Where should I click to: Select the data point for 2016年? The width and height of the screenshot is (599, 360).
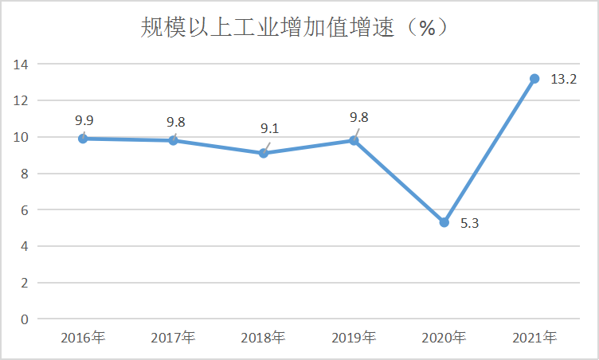(x=83, y=139)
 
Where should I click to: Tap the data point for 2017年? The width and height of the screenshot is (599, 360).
(x=173, y=140)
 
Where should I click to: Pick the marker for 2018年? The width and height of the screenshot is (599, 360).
(x=264, y=153)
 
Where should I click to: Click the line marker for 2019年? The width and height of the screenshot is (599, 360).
(x=354, y=140)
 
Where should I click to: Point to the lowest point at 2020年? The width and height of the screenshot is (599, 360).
(x=444, y=222)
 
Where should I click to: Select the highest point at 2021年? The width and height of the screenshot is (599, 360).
(x=534, y=79)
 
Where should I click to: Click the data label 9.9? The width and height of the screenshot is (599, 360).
(x=84, y=121)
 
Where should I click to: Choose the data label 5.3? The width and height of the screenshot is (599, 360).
(x=470, y=224)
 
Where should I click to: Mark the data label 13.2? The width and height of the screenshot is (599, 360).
(x=564, y=79)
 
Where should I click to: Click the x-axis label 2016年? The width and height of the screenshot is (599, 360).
(x=83, y=338)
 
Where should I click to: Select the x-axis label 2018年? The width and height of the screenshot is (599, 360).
(x=264, y=338)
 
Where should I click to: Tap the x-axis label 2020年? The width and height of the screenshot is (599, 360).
(x=444, y=338)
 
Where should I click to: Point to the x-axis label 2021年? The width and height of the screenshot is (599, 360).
(x=534, y=338)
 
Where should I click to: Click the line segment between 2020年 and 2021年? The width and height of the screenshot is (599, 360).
(x=489, y=151)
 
